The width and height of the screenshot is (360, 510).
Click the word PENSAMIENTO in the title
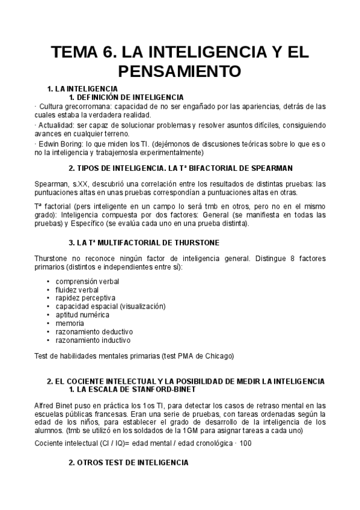(180, 71)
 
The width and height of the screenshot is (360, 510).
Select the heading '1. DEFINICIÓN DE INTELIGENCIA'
(126, 97)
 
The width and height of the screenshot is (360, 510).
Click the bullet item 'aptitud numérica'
(82, 315)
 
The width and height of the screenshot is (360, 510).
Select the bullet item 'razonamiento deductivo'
(94, 331)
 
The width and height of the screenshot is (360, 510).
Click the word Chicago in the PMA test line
(218, 355)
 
